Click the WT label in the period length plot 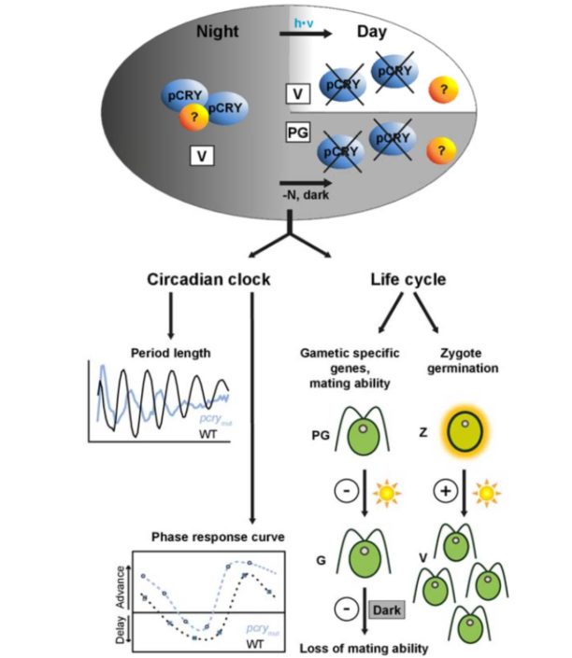click(x=212, y=433)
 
